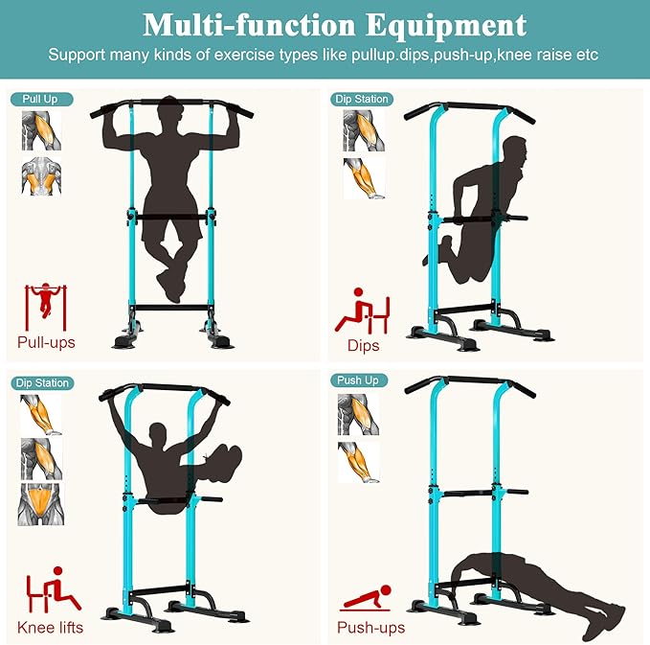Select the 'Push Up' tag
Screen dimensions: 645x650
pyautogui.click(x=358, y=380)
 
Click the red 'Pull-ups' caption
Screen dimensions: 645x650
pyautogui.click(x=46, y=342)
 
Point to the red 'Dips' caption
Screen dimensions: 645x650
pyautogui.click(x=364, y=346)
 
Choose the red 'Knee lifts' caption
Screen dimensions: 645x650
pyautogui.click(x=50, y=628)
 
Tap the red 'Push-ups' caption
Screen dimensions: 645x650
pyautogui.click(x=370, y=628)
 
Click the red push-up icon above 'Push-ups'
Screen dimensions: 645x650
pyautogui.click(x=365, y=600)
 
